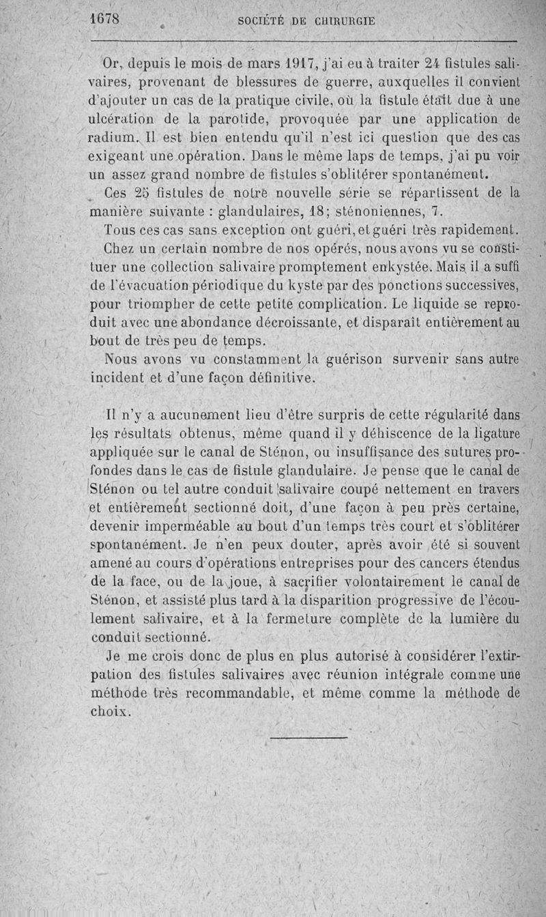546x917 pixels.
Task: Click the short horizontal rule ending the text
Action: click(x=308, y=736)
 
